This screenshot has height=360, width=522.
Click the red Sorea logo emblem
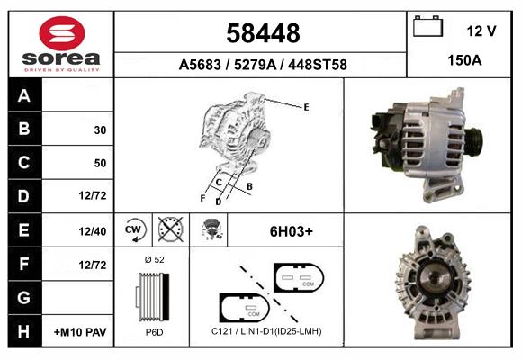coord(62,33)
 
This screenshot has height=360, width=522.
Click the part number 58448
coord(263,33)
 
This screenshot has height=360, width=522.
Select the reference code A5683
coord(200,65)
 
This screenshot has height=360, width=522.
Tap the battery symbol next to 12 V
coord(427,26)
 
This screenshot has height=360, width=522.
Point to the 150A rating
coord(464,60)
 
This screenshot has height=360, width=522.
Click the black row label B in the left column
coord(25,129)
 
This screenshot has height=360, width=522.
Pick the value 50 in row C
coord(100,163)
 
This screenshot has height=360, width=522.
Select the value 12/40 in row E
coord(93,231)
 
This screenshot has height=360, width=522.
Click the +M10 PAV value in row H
coord(80,332)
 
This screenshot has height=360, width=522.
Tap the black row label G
coord(25,297)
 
